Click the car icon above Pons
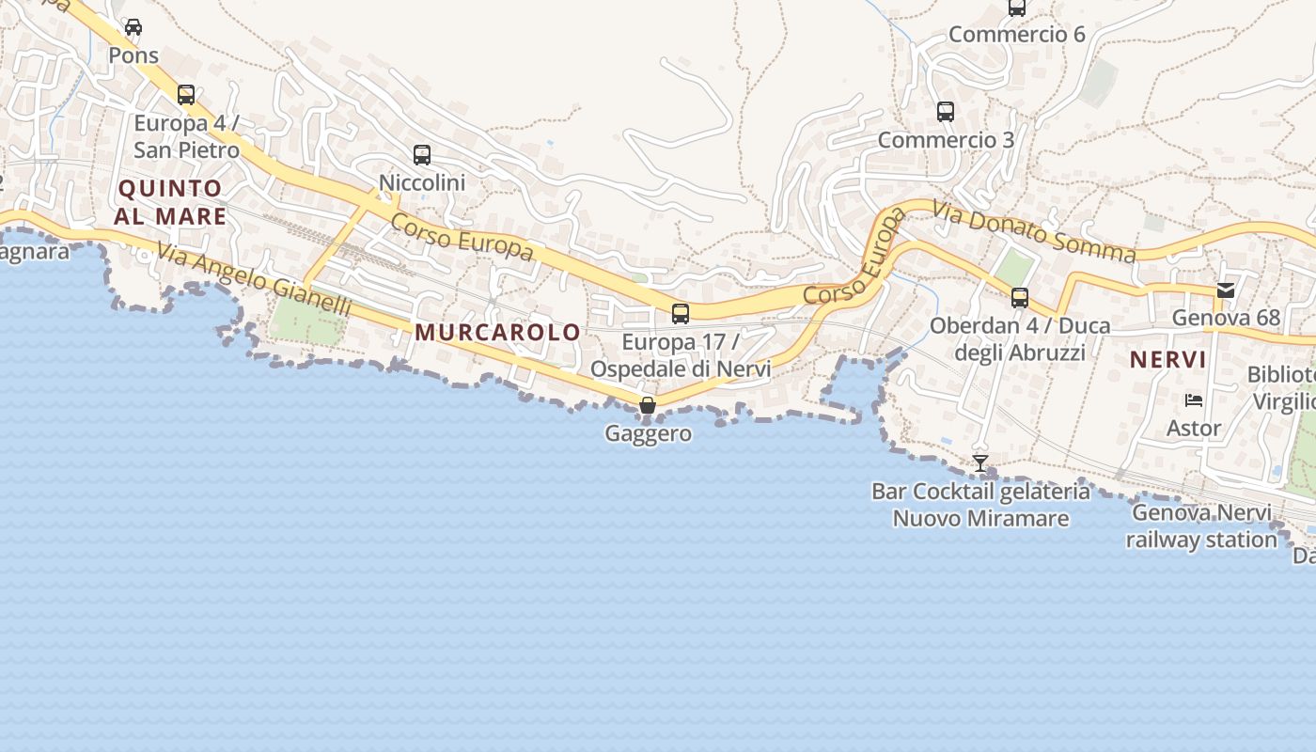[133, 27]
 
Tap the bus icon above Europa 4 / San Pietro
[186, 95]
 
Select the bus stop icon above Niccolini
[422, 155]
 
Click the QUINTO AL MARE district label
[170, 202]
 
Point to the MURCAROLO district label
[498, 332]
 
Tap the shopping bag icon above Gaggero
[648, 405]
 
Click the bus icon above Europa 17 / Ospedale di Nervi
[681, 314]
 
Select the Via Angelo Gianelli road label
[254, 280]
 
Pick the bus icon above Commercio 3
[946, 112]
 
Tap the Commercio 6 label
[1016, 35]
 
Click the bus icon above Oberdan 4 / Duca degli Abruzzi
[1020, 298]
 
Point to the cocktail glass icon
[980, 463]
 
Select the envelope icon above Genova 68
[1226, 290]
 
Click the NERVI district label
[1167, 359]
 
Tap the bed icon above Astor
[1194, 400]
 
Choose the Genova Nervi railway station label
[1201, 526]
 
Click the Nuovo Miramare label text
[980, 518]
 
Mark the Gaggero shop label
[649, 433]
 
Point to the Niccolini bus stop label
[422, 182]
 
